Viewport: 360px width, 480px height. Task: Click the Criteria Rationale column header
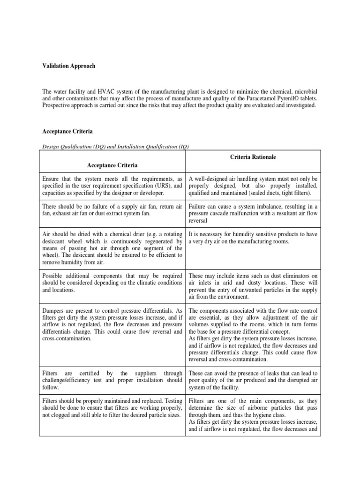tap(253, 157)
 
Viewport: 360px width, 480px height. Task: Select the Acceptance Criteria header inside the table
tap(112, 165)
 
